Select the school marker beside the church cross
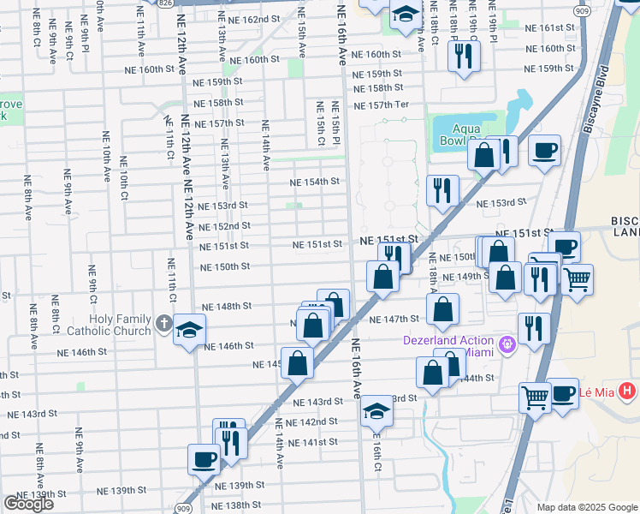(x=189, y=330)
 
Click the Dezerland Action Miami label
(x=448, y=347)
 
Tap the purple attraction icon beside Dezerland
(x=507, y=345)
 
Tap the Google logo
(x=28, y=504)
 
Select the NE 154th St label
(x=314, y=182)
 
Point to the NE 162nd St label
(x=254, y=19)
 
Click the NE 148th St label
(x=227, y=306)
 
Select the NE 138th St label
(x=236, y=505)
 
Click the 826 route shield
(x=162, y=3)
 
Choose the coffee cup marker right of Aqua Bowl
(x=544, y=152)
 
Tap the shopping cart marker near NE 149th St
(x=578, y=278)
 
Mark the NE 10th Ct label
(x=125, y=181)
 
